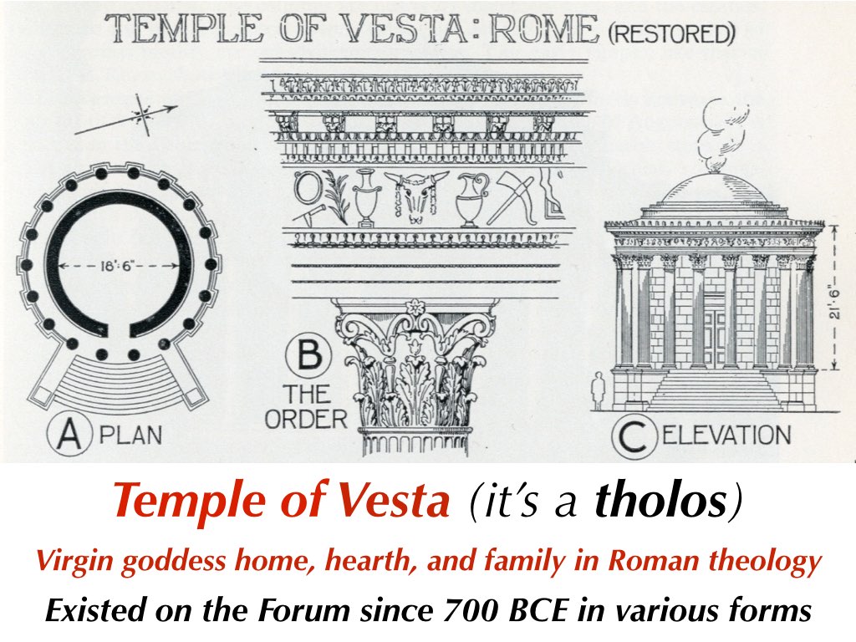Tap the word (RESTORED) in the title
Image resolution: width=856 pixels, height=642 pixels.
(671, 33)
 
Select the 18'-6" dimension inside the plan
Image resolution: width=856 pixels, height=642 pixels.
(117, 266)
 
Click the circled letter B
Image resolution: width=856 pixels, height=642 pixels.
(308, 355)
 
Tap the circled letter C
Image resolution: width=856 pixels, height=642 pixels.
(634, 436)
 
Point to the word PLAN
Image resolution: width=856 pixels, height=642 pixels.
(131, 435)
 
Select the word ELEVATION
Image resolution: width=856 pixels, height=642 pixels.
(727, 435)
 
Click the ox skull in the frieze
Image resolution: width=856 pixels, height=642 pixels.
(416, 196)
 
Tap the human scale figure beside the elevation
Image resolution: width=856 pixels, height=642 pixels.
(599, 390)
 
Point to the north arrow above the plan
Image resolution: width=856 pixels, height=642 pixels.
(127, 116)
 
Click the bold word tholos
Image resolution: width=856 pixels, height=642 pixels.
(660, 499)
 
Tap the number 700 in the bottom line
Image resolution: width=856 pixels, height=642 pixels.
(471, 609)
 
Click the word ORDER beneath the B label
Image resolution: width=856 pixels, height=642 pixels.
(306, 420)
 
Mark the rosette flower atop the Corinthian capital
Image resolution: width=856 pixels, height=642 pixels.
(415, 308)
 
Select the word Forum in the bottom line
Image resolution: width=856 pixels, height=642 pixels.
(303, 609)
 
